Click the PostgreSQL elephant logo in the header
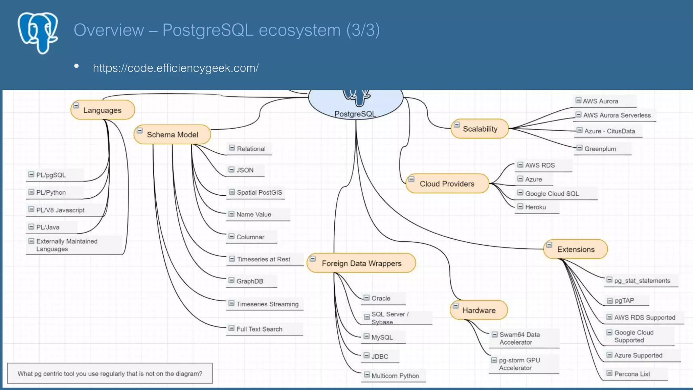[x=38, y=33]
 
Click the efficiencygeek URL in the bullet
[x=176, y=68]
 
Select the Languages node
[x=103, y=110]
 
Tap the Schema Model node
[x=172, y=134]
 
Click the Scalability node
[x=480, y=129]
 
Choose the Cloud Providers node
[x=447, y=183]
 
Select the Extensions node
[x=576, y=249]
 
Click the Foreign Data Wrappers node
[x=361, y=263]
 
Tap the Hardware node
[x=479, y=310]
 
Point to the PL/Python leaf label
[x=51, y=192]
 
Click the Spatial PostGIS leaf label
[x=259, y=192]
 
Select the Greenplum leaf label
[x=600, y=149]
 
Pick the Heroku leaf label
[x=535, y=207]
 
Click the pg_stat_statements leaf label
[x=642, y=280]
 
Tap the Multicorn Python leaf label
[x=395, y=375]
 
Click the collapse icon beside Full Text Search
[x=231, y=328]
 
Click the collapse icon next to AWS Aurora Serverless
[x=578, y=114]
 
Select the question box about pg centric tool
[x=110, y=373]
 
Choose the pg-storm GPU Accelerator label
[x=519, y=364]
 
